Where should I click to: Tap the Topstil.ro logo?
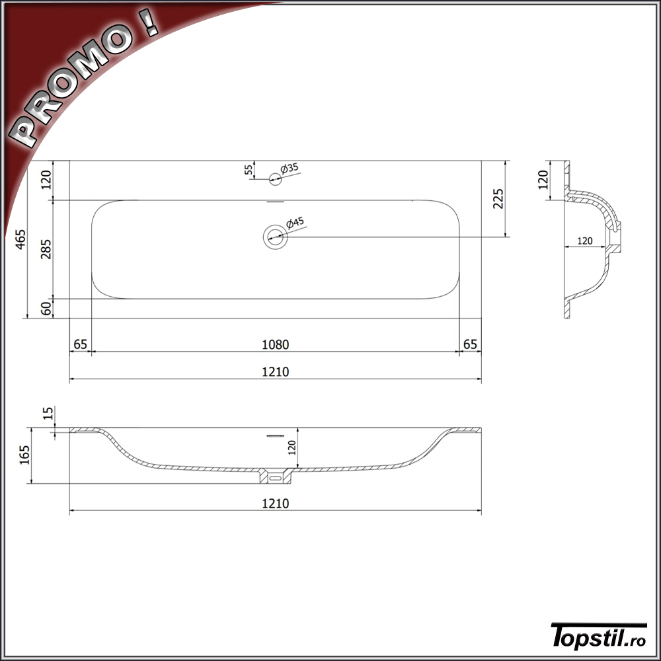coord(598,636)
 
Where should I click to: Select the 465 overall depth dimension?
coord(20,239)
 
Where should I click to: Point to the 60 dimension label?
coord(46,308)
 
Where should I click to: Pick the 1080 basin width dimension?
coord(275,344)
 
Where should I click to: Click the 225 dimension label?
coord(498,198)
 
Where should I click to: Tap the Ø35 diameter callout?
coord(290,169)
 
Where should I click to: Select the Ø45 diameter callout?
coord(295,223)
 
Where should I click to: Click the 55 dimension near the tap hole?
coord(249,170)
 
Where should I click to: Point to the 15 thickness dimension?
coord(47,414)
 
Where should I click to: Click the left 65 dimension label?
coord(80,344)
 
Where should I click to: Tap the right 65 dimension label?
coord(470,344)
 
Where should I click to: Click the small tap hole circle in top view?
coord(275,177)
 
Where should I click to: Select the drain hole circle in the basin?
coord(275,236)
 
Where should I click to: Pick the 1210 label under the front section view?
coord(275,504)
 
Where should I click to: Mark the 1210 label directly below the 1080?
coord(275,372)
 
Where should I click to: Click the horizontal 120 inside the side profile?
coord(584,241)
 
